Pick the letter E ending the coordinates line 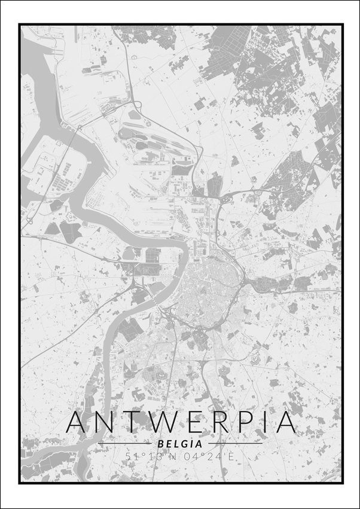230,457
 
